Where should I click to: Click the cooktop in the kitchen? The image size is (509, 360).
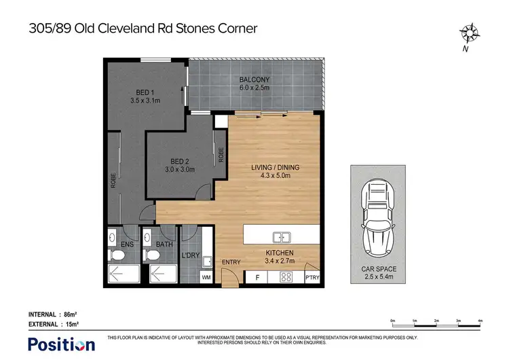pos(286,277)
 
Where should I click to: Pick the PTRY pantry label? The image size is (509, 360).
pos(314,278)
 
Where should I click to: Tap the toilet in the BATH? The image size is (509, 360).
pos(153,255)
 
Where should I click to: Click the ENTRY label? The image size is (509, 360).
pos(231,263)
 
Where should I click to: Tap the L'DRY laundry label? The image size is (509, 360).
pos(189,255)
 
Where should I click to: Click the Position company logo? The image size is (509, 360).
pos(60,344)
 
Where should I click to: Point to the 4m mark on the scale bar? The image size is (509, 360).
pos(480,319)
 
